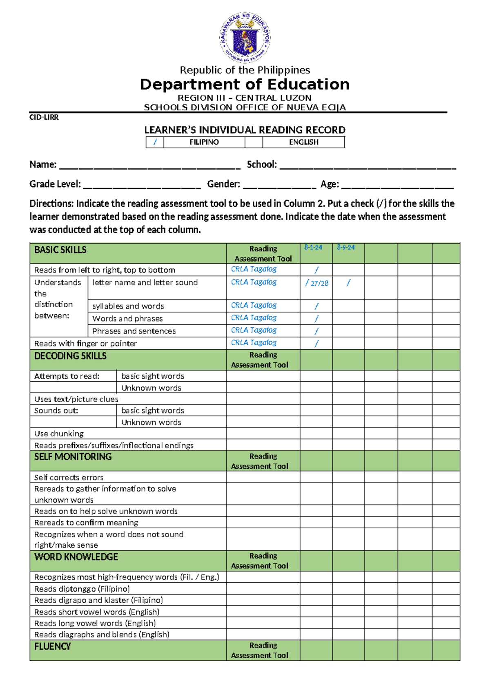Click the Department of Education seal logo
click(x=245, y=38)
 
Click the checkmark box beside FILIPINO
click(x=155, y=142)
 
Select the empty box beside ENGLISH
click(x=254, y=142)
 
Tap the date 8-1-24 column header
click(x=313, y=248)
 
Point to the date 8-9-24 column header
click(x=346, y=248)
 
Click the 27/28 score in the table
click(x=319, y=283)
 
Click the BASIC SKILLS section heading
click(x=60, y=250)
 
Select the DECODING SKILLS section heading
click(x=70, y=356)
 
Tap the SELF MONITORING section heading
click(x=73, y=457)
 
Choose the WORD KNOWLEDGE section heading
click(x=76, y=557)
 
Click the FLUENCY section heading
click(x=53, y=646)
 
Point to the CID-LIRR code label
click(x=44, y=117)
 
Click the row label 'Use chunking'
click(x=59, y=434)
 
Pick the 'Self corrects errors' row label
click(x=69, y=477)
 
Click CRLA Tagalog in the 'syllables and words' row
click(x=254, y=305)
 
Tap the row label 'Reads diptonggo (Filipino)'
click(x=82, y=589)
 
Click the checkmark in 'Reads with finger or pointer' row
click(x=316, y=344)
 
